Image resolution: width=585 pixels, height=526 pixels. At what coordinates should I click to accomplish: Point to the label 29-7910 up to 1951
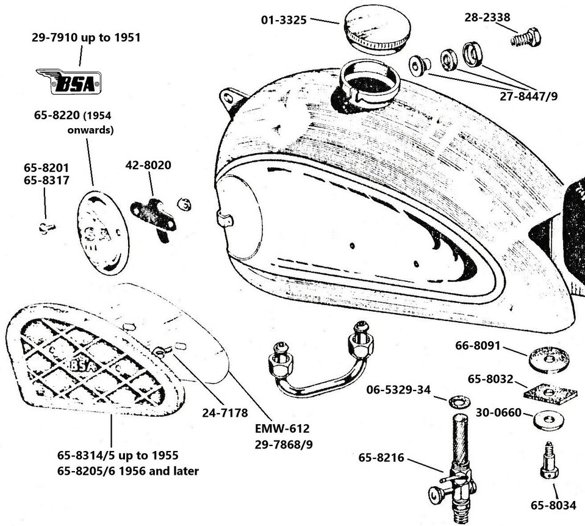[86, 38]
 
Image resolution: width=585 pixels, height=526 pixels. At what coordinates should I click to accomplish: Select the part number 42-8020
[148, 165]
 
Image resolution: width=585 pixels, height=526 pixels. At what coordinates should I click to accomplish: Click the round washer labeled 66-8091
[545, 358]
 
